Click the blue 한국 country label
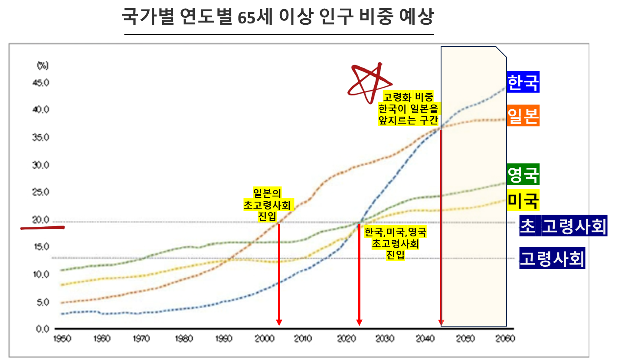point(523,82)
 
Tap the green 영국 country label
point(523,175)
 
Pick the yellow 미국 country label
point(523,200)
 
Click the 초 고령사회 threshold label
point(563,226)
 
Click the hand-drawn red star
point(369,82)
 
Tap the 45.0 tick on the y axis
point(41,82)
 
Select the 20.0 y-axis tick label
point(41,220)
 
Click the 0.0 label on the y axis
point(43,329)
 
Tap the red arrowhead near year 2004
point(279,322)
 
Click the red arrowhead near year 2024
point(359,322)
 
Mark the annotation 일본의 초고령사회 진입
point(267,204)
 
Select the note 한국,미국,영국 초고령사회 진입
point(395,243)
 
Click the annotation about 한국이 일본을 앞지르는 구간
point(408,108)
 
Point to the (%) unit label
point(43,65)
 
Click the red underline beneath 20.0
point(43,227)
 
